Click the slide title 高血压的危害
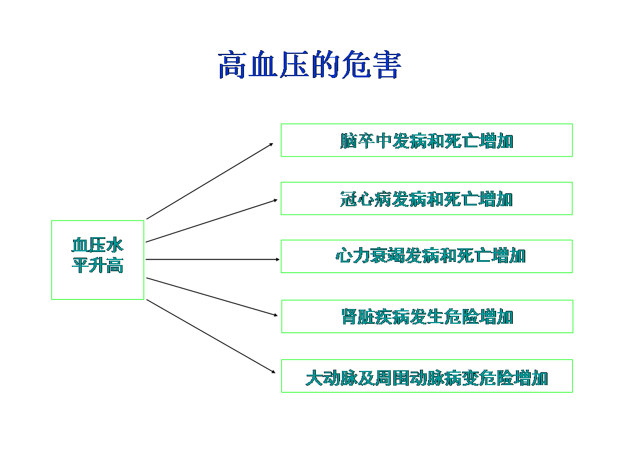(x=310, y=65)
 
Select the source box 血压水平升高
(x=98, y=260)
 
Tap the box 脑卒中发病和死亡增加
(x=427, y=140)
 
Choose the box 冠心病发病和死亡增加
(x=427, y=199)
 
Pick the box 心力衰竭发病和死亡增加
(x=427, y=256)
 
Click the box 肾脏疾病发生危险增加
(x=427, y=316)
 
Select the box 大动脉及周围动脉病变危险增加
(x=427, y=376)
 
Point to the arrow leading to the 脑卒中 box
(x=210, y=181)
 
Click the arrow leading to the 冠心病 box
(x=212, y=220)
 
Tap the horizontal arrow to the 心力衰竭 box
(x=212, y=259)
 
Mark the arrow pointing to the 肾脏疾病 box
(x=212, y=297)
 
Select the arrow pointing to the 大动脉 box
(x=211, y=336)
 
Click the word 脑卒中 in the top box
(x=366, y=141)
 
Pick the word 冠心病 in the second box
(x=366, y=199)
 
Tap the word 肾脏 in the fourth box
(x=358, y=317)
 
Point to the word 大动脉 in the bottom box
(x=331, y=378)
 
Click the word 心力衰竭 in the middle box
(x=370, y=256)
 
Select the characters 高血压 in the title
(x=263, y=65)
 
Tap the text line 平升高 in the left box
(x=98, y=266)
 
